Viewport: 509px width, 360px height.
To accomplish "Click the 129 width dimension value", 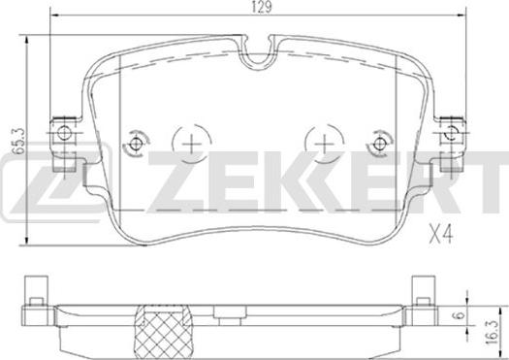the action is click(262, 7).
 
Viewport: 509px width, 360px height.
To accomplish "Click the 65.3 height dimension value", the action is click(18, 140).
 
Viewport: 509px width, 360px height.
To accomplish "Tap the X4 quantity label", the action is click(440, 235).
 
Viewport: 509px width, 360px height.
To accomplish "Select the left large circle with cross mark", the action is click(192, 144).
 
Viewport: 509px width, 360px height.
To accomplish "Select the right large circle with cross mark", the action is click(325, 144).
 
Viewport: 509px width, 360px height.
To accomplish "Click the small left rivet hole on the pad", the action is click(135, 144).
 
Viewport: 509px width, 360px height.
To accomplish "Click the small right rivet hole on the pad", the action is click(378, 144).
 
